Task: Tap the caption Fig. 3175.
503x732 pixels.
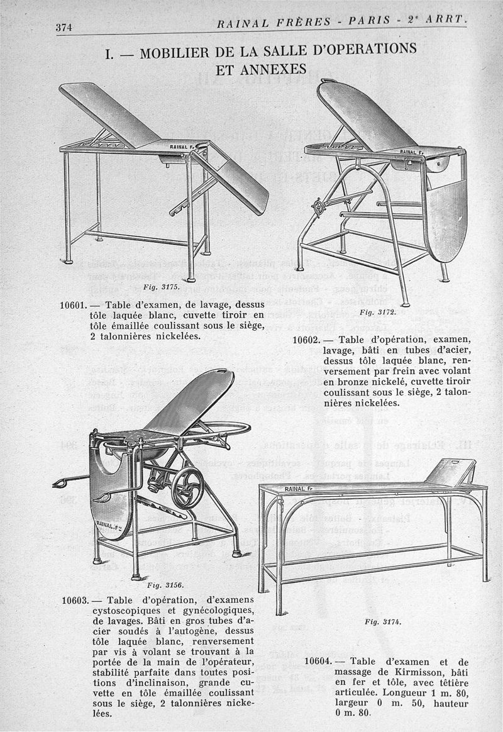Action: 161,287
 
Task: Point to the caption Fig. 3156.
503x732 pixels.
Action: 161,584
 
